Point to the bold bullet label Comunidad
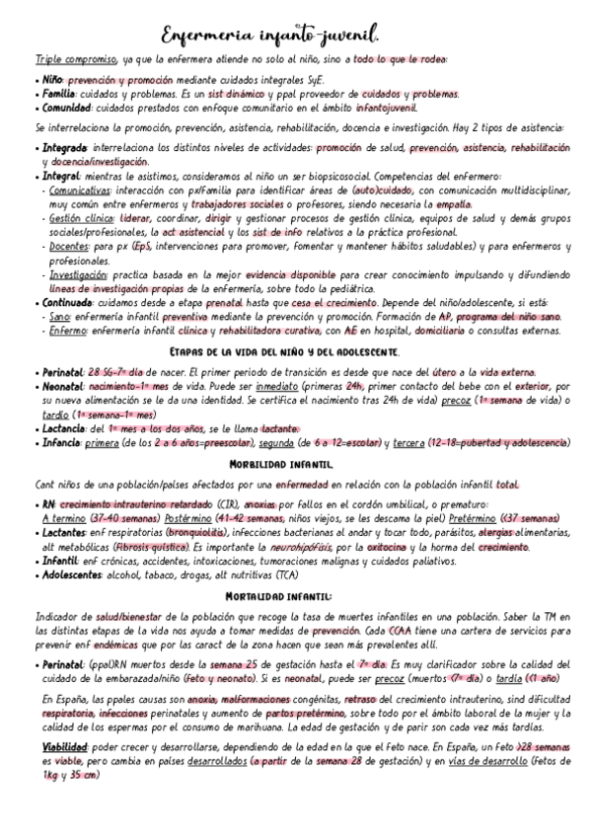tap(68, 107)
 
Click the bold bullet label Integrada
tap(67, 148)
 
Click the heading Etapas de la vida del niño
tap(285, 352)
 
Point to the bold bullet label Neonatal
tap(64, 388)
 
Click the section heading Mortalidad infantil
tap(279, 597)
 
